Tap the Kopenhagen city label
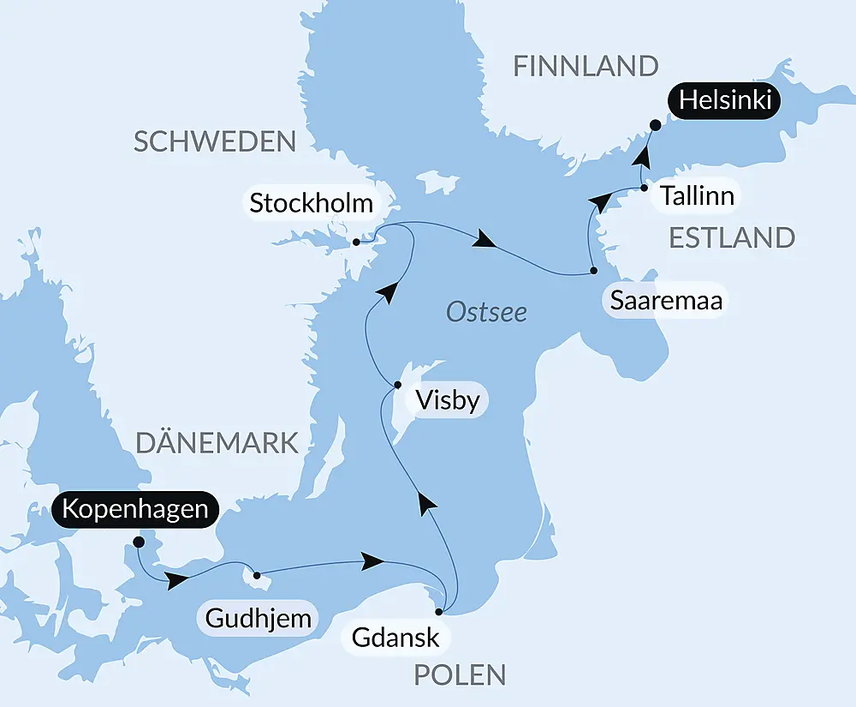(x=135, y=509)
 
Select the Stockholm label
(x=312, y=203)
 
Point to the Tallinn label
(x=697, y=195)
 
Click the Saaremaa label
(x=666, y=301)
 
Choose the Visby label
(x=446, y=400)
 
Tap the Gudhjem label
(x=257, y=617)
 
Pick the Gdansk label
(x=395, y=637)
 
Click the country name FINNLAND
(x=586, y=66)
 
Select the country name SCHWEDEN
(x=215, y=141)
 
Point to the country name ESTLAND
(x=732, y=237)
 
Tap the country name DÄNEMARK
(x=217, y=443)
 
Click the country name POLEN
(x=460, y=674)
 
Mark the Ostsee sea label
(x=486, y=313)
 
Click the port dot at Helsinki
(x=655, y=125)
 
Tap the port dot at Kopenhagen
(x=139, y=542)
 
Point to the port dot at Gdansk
(x=439, y=612)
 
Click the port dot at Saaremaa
(x=593, y=272)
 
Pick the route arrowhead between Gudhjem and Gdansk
(x=372, y=561)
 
